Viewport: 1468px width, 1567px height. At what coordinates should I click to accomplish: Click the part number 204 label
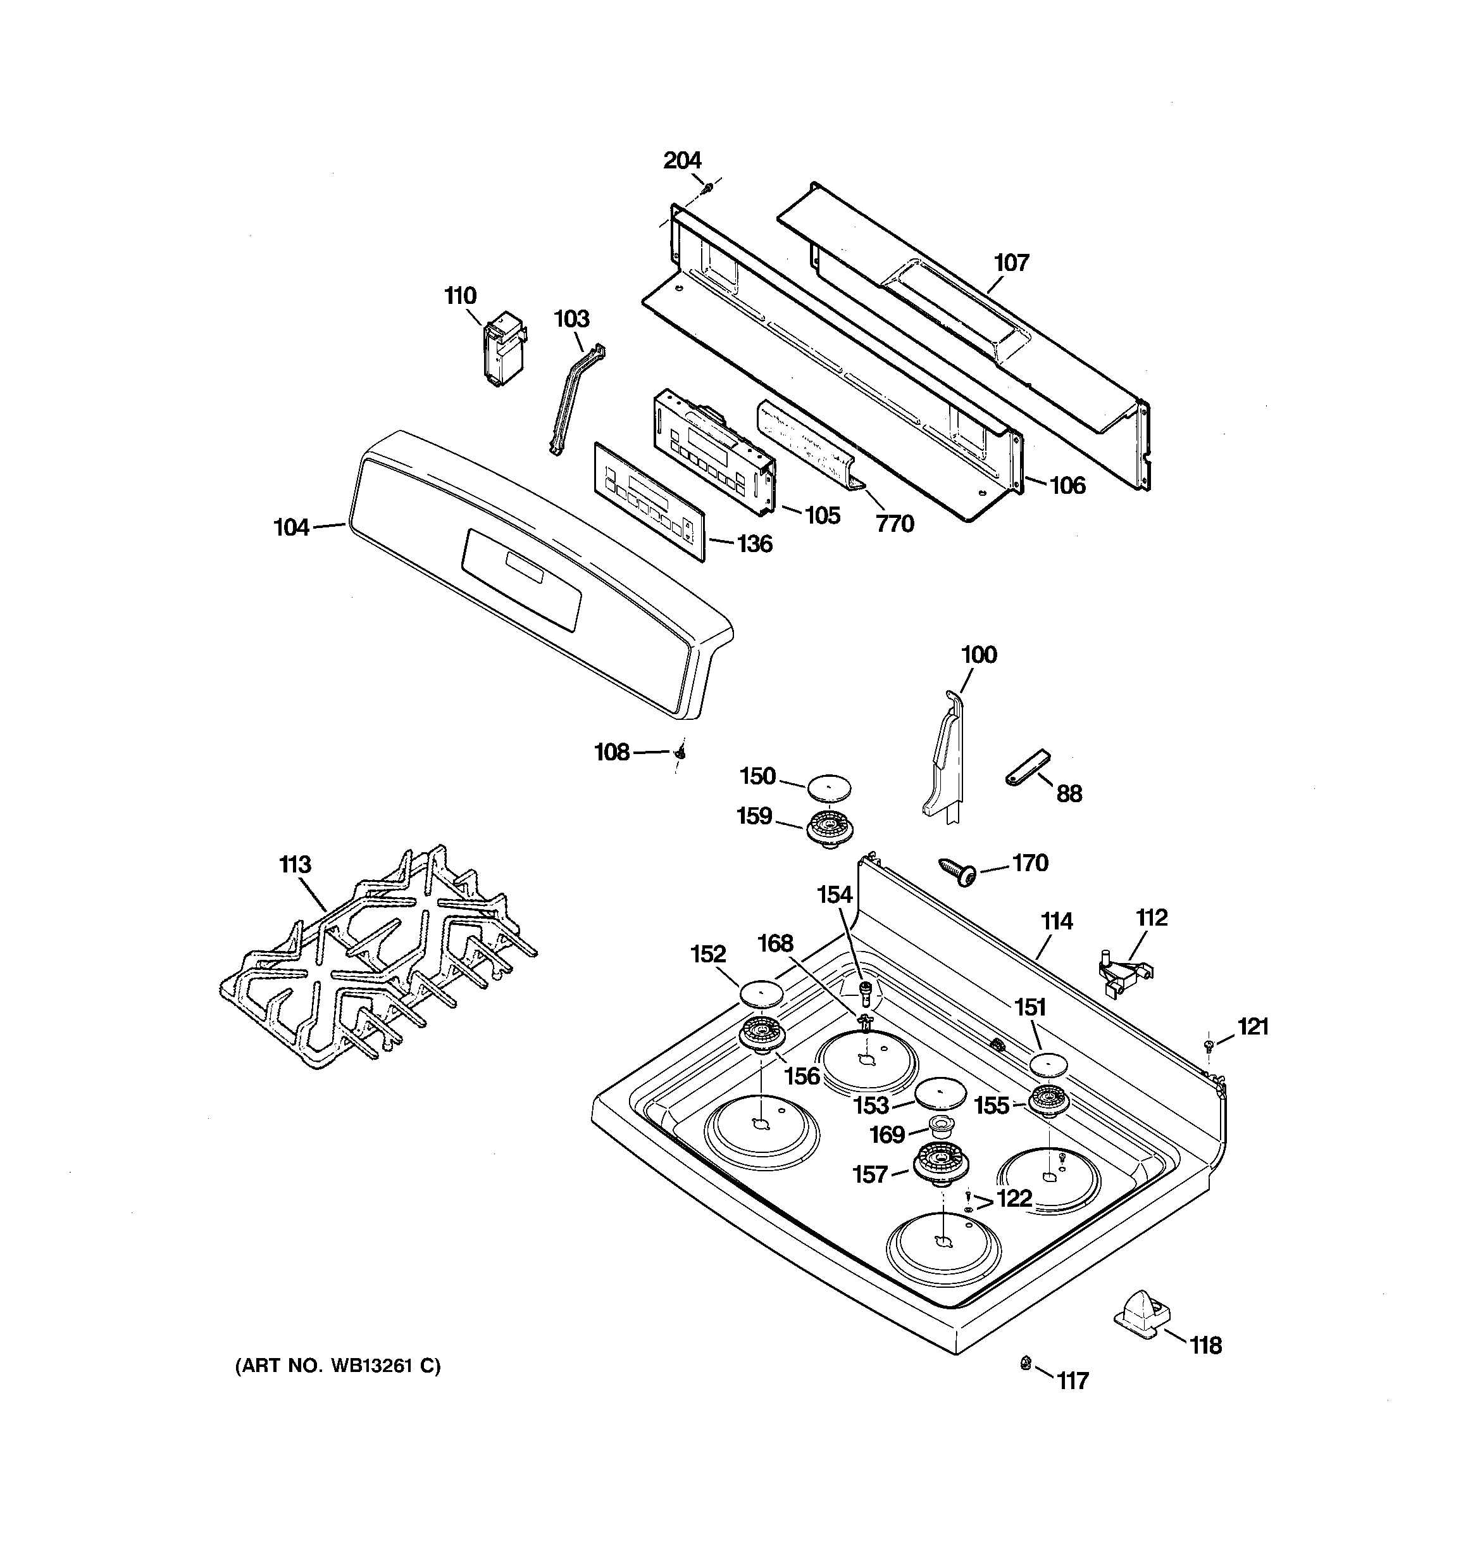[681, 161]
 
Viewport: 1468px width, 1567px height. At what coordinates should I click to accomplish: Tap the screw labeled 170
[957, 871]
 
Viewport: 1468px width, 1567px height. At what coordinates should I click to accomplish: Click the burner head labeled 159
[831, 828]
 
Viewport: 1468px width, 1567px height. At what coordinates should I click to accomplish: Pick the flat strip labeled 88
[1028, 766]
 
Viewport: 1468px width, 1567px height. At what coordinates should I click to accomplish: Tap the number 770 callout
[894, 524]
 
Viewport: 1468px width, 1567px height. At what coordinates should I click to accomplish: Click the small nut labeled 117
[1025, 1362]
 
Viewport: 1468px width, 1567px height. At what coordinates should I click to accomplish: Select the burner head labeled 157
[940, 1165]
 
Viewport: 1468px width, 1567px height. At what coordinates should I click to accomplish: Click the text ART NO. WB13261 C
[338, 1366]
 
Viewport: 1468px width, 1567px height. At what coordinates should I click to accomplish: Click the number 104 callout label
[291, 527]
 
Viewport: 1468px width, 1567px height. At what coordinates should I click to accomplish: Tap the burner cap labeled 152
[761, 993]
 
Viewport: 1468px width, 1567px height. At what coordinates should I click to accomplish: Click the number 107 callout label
[1011, 263]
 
